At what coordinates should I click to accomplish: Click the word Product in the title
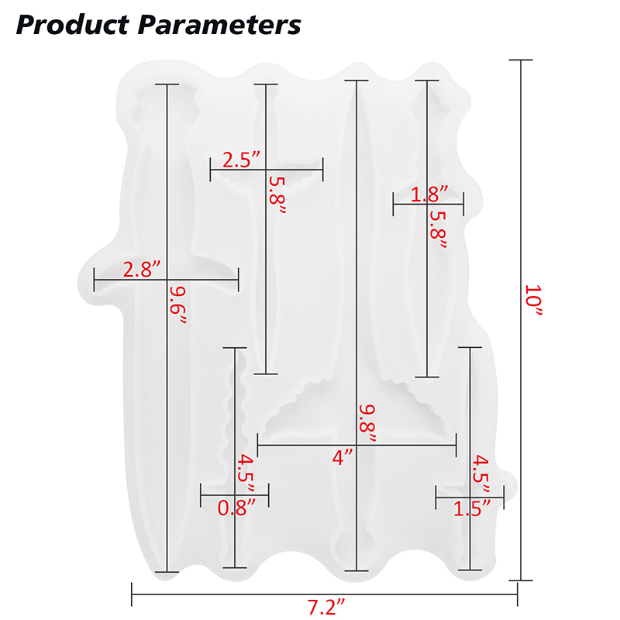coord(72,25)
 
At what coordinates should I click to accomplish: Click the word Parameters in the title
coord(219,25)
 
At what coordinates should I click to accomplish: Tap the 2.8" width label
coord(142,270)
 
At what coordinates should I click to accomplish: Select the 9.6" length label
coord(177,305)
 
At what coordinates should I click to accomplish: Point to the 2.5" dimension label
coord(242,160)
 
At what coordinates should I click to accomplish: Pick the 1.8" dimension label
coord(429,195)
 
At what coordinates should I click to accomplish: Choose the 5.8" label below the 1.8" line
coord(438,229)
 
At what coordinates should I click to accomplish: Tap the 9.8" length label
coord(367,423)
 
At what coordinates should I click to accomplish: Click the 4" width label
coord(343,457)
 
